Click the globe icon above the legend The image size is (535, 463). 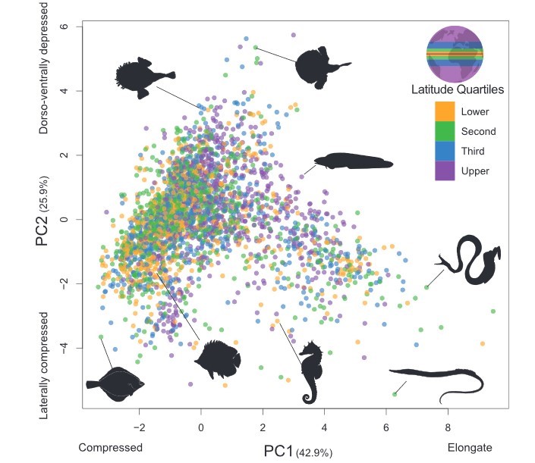[455, 54]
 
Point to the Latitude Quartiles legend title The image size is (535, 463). [458, 90]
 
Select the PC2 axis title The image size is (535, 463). [47, 221]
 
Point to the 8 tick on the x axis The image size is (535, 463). [448, 426]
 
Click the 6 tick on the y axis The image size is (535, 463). [65, 27]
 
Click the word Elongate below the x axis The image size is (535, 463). [470, 446]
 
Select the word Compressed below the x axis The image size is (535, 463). [111, 446]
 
